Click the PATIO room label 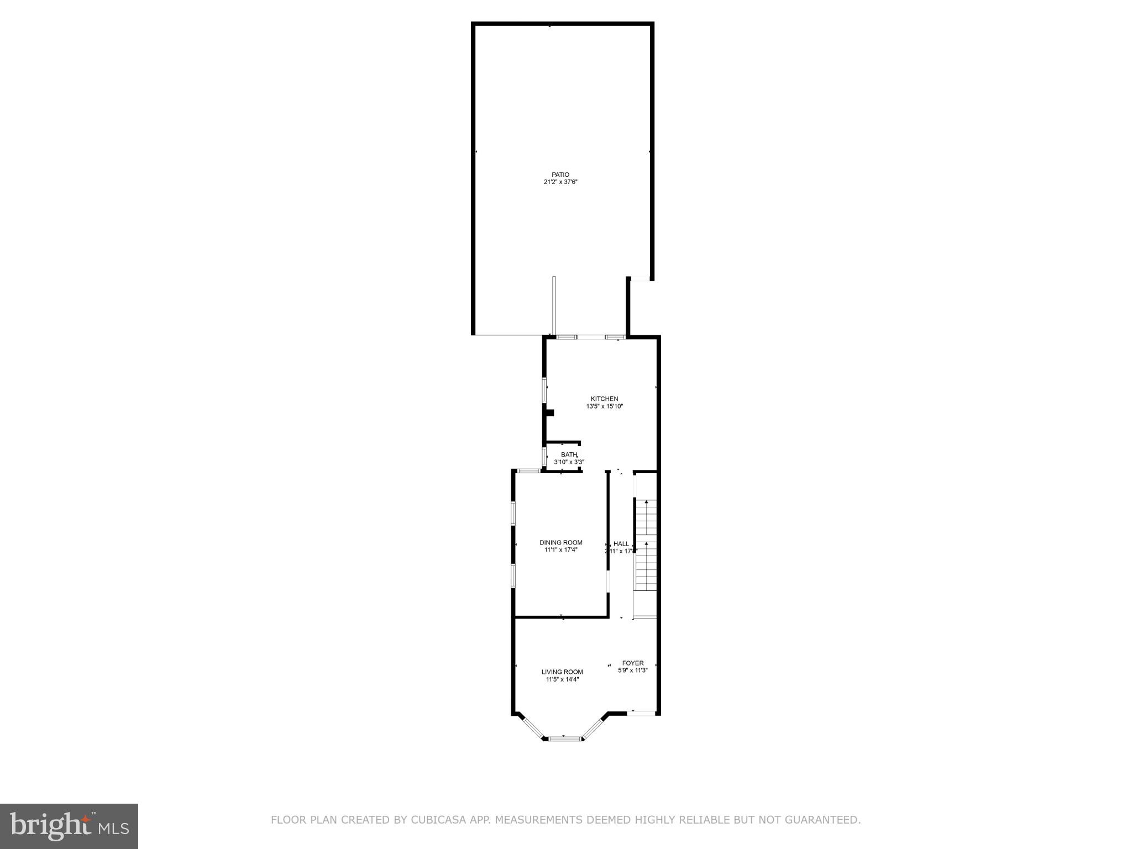pyautogui.click(x=560, y=175)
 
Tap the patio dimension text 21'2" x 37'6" pyautogui.click(x=560, y=182)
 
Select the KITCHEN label pyautogui.click(x=604, y=399)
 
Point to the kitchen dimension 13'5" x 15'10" pyautogui.click(x=604, y=406)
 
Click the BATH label pyautogui.click(x=568, y=455)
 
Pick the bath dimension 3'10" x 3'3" pyautogui.click(x=569, y=462)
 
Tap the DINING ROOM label pyautogui.click(x=560, y=543)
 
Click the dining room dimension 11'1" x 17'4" pyautogui.click(x=560, y=550)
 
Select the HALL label pyautogui.click(x=621, y=544)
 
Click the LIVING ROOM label pyautogui.click(x=562, y=672)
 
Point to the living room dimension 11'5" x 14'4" pyautogui.click(x=562, y=680)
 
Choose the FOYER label pyautogui.click(x=632, y=663)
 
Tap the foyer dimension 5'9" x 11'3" pyautogui.click(x=632, y=670)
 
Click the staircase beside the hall pyautogui.click(x=646, y=544)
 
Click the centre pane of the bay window pyautogui.click(x=563, y=738)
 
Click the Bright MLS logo pyautogui.click(x=69, y=826)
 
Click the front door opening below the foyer pyautogui.click(x=642, y=713)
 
